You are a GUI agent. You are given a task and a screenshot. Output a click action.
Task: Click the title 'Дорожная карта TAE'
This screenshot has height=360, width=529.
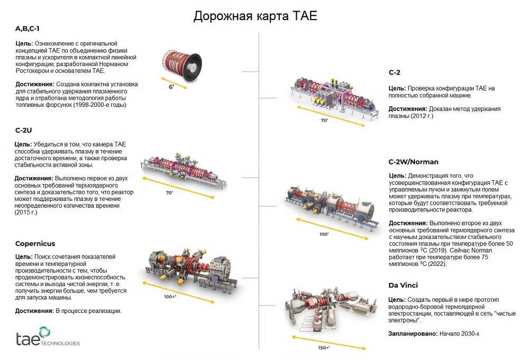(255, 16)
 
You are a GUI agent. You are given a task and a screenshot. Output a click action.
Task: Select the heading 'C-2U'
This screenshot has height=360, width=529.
(24, 130)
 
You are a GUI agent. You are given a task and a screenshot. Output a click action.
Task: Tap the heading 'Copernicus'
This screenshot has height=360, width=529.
(34, 244)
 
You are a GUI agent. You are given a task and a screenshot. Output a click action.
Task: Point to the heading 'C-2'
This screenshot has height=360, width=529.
(395, 72)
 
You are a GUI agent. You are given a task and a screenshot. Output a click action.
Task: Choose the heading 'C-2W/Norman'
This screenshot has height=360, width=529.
(413, 162)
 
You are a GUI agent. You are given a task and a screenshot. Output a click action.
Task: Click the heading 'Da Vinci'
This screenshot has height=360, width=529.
(404, 285)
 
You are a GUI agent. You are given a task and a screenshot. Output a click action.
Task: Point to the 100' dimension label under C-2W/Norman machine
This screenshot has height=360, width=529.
(324, 233)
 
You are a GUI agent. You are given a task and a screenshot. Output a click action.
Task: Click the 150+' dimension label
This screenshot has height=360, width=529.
(324, 347)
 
